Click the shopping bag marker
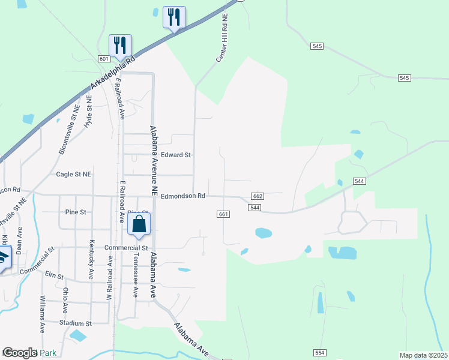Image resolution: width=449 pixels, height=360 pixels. [x=139, y=226]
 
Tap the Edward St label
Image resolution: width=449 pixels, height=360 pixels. [x=176, y=155]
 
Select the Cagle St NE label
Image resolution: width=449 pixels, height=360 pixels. [x=73, y=175]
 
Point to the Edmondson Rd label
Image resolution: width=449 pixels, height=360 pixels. [x=184, y=196]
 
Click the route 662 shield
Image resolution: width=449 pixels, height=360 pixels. [x=258, y=197]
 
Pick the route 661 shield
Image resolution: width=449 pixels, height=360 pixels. [x=223, y=214]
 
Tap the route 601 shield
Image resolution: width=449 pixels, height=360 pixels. [x=104, y=59]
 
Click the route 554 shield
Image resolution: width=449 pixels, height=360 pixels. [x=319, y=352]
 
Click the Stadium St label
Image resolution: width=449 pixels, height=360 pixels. [x=75, y=323]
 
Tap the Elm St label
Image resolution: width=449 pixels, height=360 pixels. [x=54, y=275]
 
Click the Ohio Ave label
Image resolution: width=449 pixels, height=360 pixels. [x=65, y=300]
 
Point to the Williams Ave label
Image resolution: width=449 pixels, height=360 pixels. [x=43, y=314]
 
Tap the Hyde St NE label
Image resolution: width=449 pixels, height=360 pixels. [x=88, y=112]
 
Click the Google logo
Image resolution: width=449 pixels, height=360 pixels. [x=20, y=353]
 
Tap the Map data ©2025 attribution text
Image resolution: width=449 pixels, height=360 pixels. [x=423, y=355]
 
